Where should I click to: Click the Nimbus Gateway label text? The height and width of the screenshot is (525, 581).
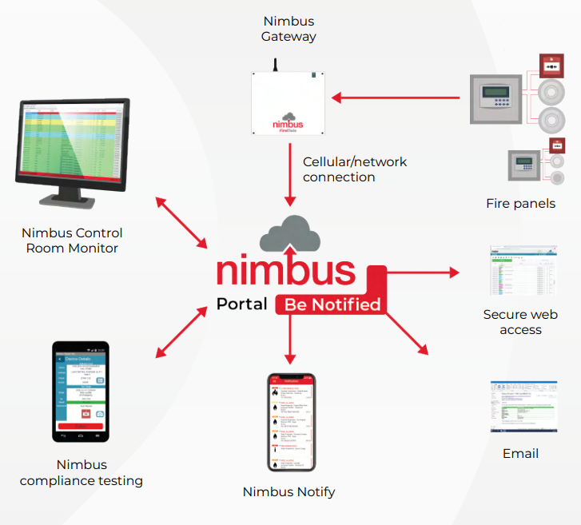click(289, 28)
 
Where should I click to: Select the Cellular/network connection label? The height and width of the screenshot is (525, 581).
click(354, 169)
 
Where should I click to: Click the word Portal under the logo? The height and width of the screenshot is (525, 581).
click(241, 304)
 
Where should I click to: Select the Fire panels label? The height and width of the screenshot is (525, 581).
click(520, 204)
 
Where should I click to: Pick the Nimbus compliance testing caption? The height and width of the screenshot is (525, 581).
click(82, 472)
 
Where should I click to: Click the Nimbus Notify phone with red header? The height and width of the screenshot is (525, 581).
click(290, 422)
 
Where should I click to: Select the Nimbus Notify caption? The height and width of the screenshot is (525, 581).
click(289, 492)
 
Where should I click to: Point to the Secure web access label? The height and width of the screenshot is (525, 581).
click(520, 322)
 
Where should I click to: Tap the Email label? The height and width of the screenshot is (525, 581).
click(520, 453)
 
